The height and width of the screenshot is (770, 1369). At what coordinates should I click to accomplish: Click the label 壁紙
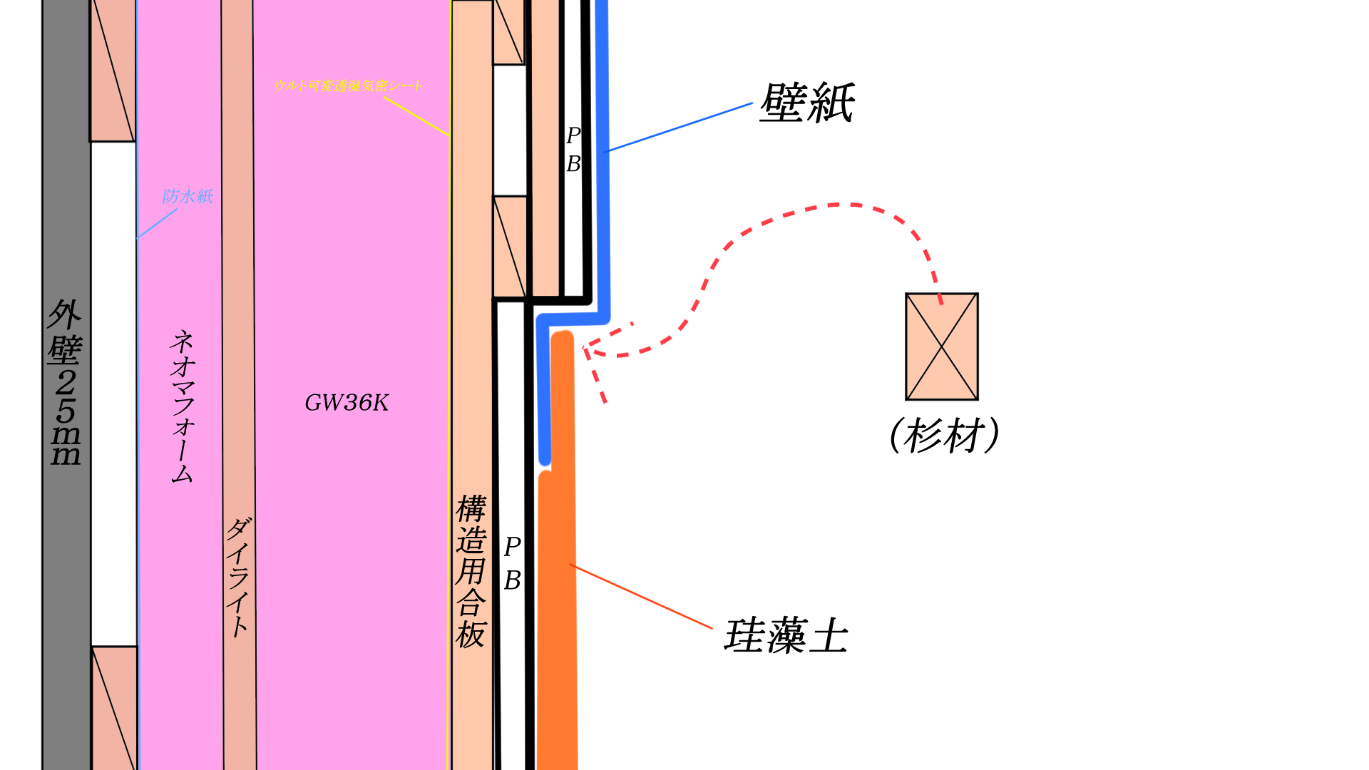pos(806,103)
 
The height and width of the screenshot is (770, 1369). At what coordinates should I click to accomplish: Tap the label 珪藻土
pos(786,636)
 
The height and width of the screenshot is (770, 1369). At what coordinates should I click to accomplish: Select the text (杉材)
pos(944,436)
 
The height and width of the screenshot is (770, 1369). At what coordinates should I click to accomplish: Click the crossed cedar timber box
pos(941,346)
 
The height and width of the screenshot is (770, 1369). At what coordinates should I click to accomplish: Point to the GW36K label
pos(347,404)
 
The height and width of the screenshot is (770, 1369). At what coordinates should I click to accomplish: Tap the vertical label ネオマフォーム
pos(183,406)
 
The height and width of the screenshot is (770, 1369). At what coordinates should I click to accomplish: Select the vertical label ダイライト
pos(239,577)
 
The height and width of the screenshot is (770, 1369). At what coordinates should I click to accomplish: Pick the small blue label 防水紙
pos(188,196)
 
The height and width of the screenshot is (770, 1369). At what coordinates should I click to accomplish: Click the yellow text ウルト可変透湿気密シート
pos(348,86)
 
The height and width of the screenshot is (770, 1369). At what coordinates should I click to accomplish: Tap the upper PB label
pos(573,150)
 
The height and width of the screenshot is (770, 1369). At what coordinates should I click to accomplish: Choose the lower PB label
pos(512,564)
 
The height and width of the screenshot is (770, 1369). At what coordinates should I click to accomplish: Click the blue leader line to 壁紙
pos(677,128)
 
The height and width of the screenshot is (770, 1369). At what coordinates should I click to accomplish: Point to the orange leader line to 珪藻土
pos(642,597)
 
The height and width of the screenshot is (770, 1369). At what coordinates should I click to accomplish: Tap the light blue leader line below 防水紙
pos(157,223)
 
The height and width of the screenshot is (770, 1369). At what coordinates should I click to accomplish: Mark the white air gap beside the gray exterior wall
pos(113,392)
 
